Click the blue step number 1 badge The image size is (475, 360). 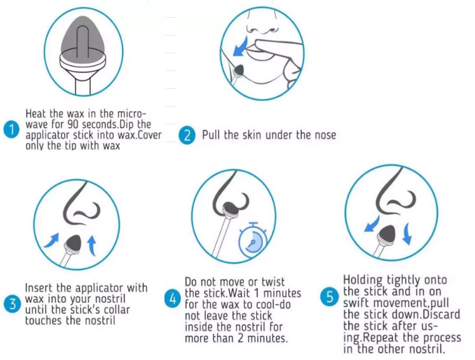11,130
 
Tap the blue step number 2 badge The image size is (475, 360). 187,135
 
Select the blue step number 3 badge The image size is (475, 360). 13,303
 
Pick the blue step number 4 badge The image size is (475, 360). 172,299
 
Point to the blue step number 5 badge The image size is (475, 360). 330,297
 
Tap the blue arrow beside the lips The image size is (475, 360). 241,47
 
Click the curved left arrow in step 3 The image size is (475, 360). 51,241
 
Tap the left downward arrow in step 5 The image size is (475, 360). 371,224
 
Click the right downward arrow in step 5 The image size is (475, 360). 407,234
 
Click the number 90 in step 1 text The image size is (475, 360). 73,124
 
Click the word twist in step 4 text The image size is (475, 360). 273,282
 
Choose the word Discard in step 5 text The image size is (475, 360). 441,314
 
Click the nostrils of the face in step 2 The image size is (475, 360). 262,30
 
